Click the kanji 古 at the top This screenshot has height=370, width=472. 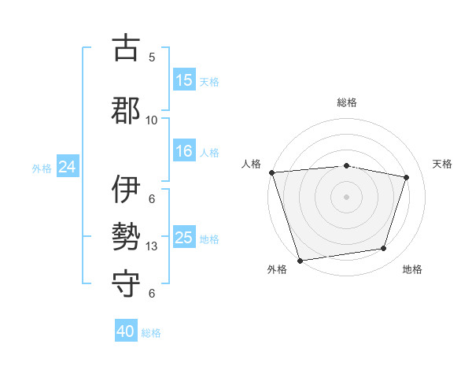tap(127, 48)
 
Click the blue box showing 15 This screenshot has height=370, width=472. tap(184, 80)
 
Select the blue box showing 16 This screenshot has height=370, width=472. tap(184, 151)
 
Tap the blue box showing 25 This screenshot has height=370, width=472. tap(184, 238)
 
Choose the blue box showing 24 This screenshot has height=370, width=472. tap(67, 167)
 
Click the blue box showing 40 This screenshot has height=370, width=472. tap(126, 331)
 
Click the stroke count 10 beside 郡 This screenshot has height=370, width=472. tap(152, 120)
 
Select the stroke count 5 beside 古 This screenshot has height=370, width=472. tap(152, 57)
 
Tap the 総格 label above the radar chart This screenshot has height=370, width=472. tap(347, 102)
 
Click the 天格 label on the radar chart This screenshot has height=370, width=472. tap(443, 164)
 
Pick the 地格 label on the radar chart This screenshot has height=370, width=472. tap(412, 269)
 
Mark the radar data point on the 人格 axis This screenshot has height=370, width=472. tap(271, 172)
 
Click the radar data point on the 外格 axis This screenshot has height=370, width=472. tap(300, 260)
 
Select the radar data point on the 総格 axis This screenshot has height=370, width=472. tap(347, 165)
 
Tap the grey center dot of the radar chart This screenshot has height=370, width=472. tap(347, 196)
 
